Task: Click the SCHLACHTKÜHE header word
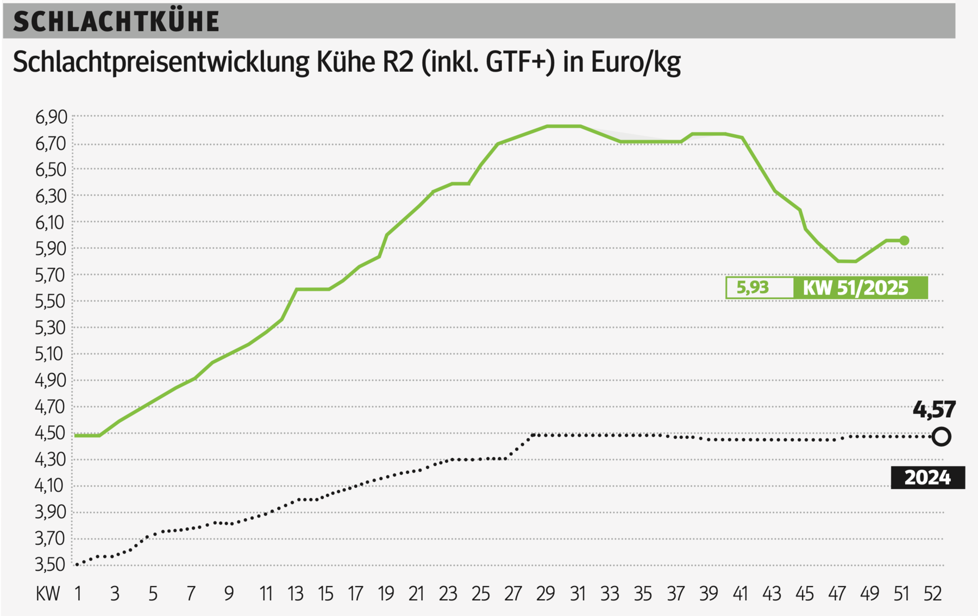116,22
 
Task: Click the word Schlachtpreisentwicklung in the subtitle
161,62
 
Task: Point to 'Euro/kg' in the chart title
636,62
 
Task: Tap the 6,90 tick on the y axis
51,117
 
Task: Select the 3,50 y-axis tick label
51,565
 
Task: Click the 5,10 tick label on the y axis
51,354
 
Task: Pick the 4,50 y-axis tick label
51,433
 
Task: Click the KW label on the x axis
47,594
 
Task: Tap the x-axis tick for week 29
545,594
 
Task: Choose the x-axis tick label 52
932,594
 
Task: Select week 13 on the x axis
296,594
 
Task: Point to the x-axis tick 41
740,594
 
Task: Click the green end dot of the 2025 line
904,241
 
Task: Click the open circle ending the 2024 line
942,437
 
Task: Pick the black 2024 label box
927,477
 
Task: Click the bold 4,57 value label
934,410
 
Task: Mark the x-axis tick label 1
78,594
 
